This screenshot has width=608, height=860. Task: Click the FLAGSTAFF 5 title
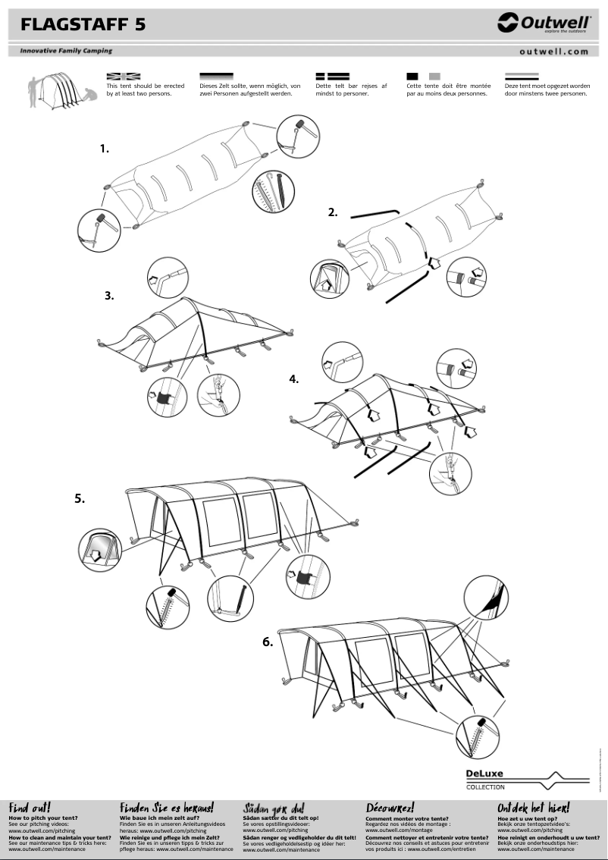83,25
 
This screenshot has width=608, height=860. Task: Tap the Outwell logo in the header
544,24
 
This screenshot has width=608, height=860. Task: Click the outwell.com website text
554,52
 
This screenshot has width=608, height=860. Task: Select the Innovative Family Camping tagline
61,51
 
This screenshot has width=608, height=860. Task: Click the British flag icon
124,77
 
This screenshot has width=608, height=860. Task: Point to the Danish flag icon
332,77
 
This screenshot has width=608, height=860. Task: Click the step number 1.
105,149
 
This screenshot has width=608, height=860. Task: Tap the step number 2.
332,212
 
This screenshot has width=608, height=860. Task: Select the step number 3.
109,296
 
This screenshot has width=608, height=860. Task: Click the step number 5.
80,499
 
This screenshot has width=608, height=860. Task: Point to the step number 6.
267,642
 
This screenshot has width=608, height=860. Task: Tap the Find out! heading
30,808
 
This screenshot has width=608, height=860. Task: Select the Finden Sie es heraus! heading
167,808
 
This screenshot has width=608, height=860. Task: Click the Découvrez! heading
390,808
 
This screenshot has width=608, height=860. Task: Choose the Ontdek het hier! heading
533,808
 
